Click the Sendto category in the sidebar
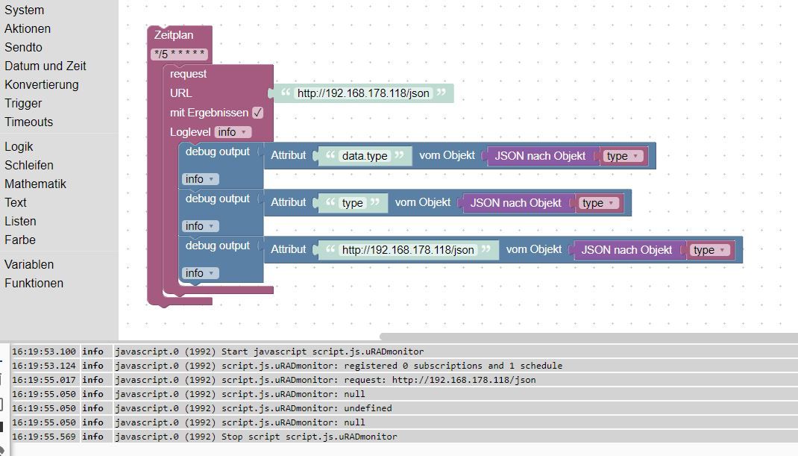pyautogui.click(x=23, y=47)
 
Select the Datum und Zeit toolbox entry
pyautogui.click(x=45, y=66)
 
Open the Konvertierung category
pyautogui.click(x=41, y=84)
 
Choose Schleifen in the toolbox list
pyautogui.click(x=28, y=165)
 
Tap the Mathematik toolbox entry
pyautogui.click(x=35, y=184)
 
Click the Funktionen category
pyautogui.click(x=34, y=283)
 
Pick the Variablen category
pyautogui.click(x=29, y=264)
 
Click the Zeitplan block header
pyautogui.click(x=174, y=35)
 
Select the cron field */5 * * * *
pyautogui.click(x=179, y=54)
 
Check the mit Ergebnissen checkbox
pyautogui.click(x=257, y=113)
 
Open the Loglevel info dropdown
pyautogui.click(x=233, y=132)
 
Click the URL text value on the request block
pyautogui.click(x=364, y=93)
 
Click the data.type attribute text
pyautogui.click(x=364, y=156)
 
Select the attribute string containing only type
pyautogui.click(x=352, y=203)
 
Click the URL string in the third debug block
pyautogui.click(x=407, y=250)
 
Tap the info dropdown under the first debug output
pyautogui.click(x=200, y=179)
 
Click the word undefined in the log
pyautogui.click(x=368, y=408)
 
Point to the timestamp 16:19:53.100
pyautogui.click(x=44, y=352)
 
